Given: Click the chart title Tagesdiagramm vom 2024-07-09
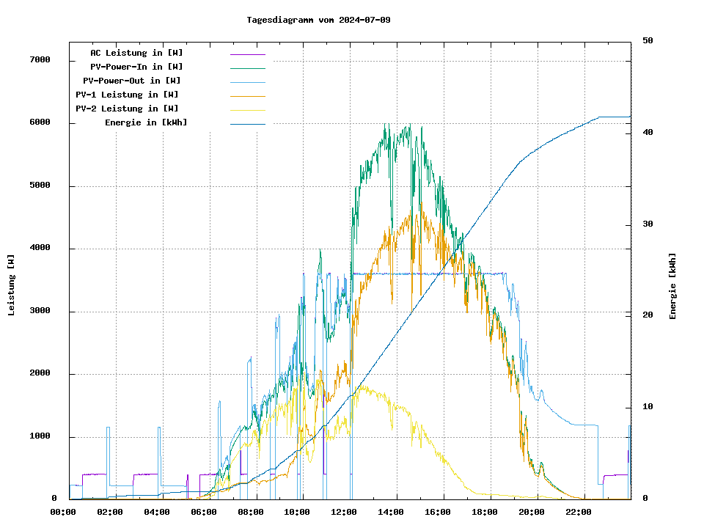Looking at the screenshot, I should (x=318, y=20).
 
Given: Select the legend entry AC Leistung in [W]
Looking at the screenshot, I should (x=136, y=53).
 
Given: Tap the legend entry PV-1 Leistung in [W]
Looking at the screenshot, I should (x=127, y=95).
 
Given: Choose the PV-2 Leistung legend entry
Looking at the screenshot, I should (x=127, y=109).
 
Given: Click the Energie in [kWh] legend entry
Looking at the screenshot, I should (x=146, y=122).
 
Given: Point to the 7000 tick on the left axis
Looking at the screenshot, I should (x=40, y=59).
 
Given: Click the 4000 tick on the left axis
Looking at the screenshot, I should (x=40, y=249).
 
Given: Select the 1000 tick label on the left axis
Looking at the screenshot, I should (x=40, y=437).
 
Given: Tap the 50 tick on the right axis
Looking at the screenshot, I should (x=648, y=41).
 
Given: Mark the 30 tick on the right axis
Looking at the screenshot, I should (x=648, y=224).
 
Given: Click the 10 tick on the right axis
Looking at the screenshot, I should (x=648, y=407).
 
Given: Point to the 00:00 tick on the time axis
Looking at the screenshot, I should (x=63, y=512).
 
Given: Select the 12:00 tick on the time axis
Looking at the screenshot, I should (x=344, y=512).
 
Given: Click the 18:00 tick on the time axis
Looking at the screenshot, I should (x=485, y=512).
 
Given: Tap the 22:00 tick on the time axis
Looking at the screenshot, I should (x=579, y=512).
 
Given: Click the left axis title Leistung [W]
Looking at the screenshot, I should (x=12, y=285).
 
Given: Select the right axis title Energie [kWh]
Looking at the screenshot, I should (x=673, y=286).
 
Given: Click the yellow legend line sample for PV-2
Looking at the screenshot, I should (x=247, y=109).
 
